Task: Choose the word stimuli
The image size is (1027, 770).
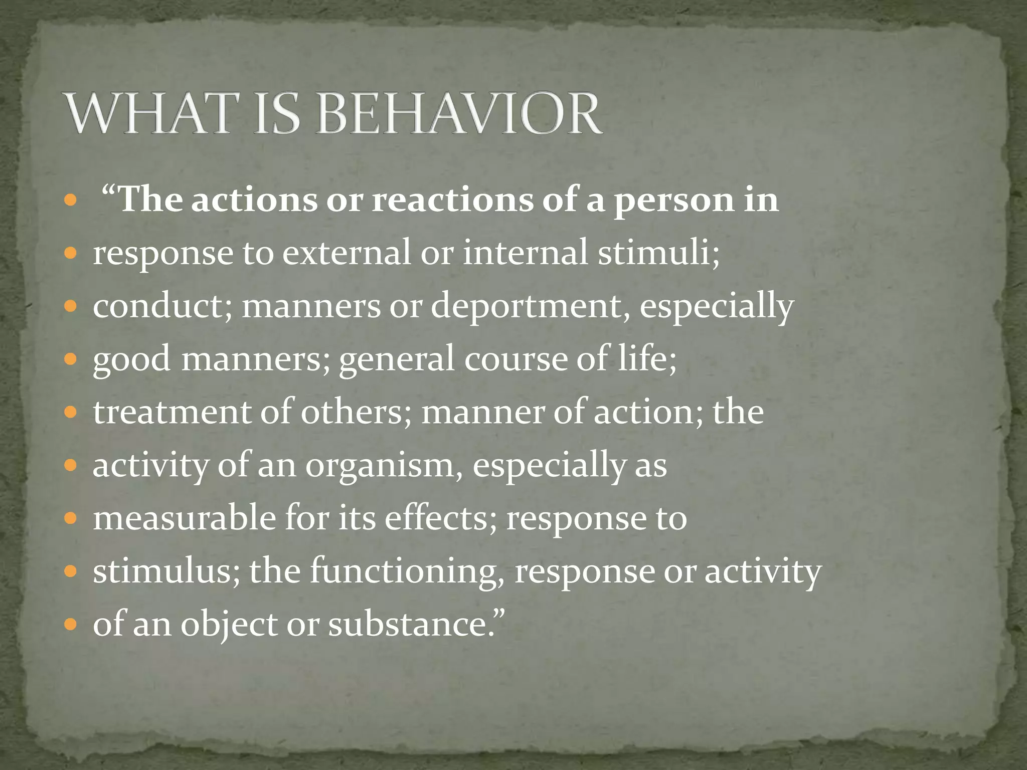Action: [658, 252]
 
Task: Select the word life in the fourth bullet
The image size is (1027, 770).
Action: [647, 358]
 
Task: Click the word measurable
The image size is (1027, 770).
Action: [184, 518]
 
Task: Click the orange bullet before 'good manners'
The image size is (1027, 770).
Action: [71, 359]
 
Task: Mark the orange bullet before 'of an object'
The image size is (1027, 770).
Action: [71, 625]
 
